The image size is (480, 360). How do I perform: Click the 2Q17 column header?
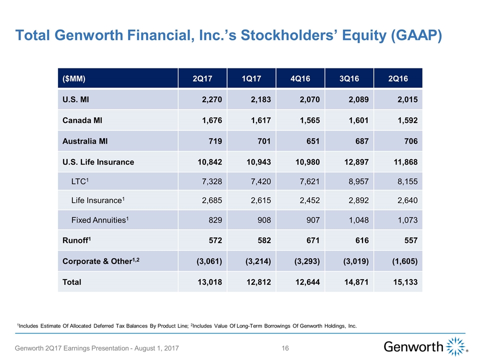point(202,78)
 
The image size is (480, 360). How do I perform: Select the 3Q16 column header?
point(349,78)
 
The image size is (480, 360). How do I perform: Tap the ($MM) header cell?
point(73,78)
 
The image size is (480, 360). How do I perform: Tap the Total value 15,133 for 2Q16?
point(404,282)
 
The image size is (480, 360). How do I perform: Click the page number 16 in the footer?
point(285,348)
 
